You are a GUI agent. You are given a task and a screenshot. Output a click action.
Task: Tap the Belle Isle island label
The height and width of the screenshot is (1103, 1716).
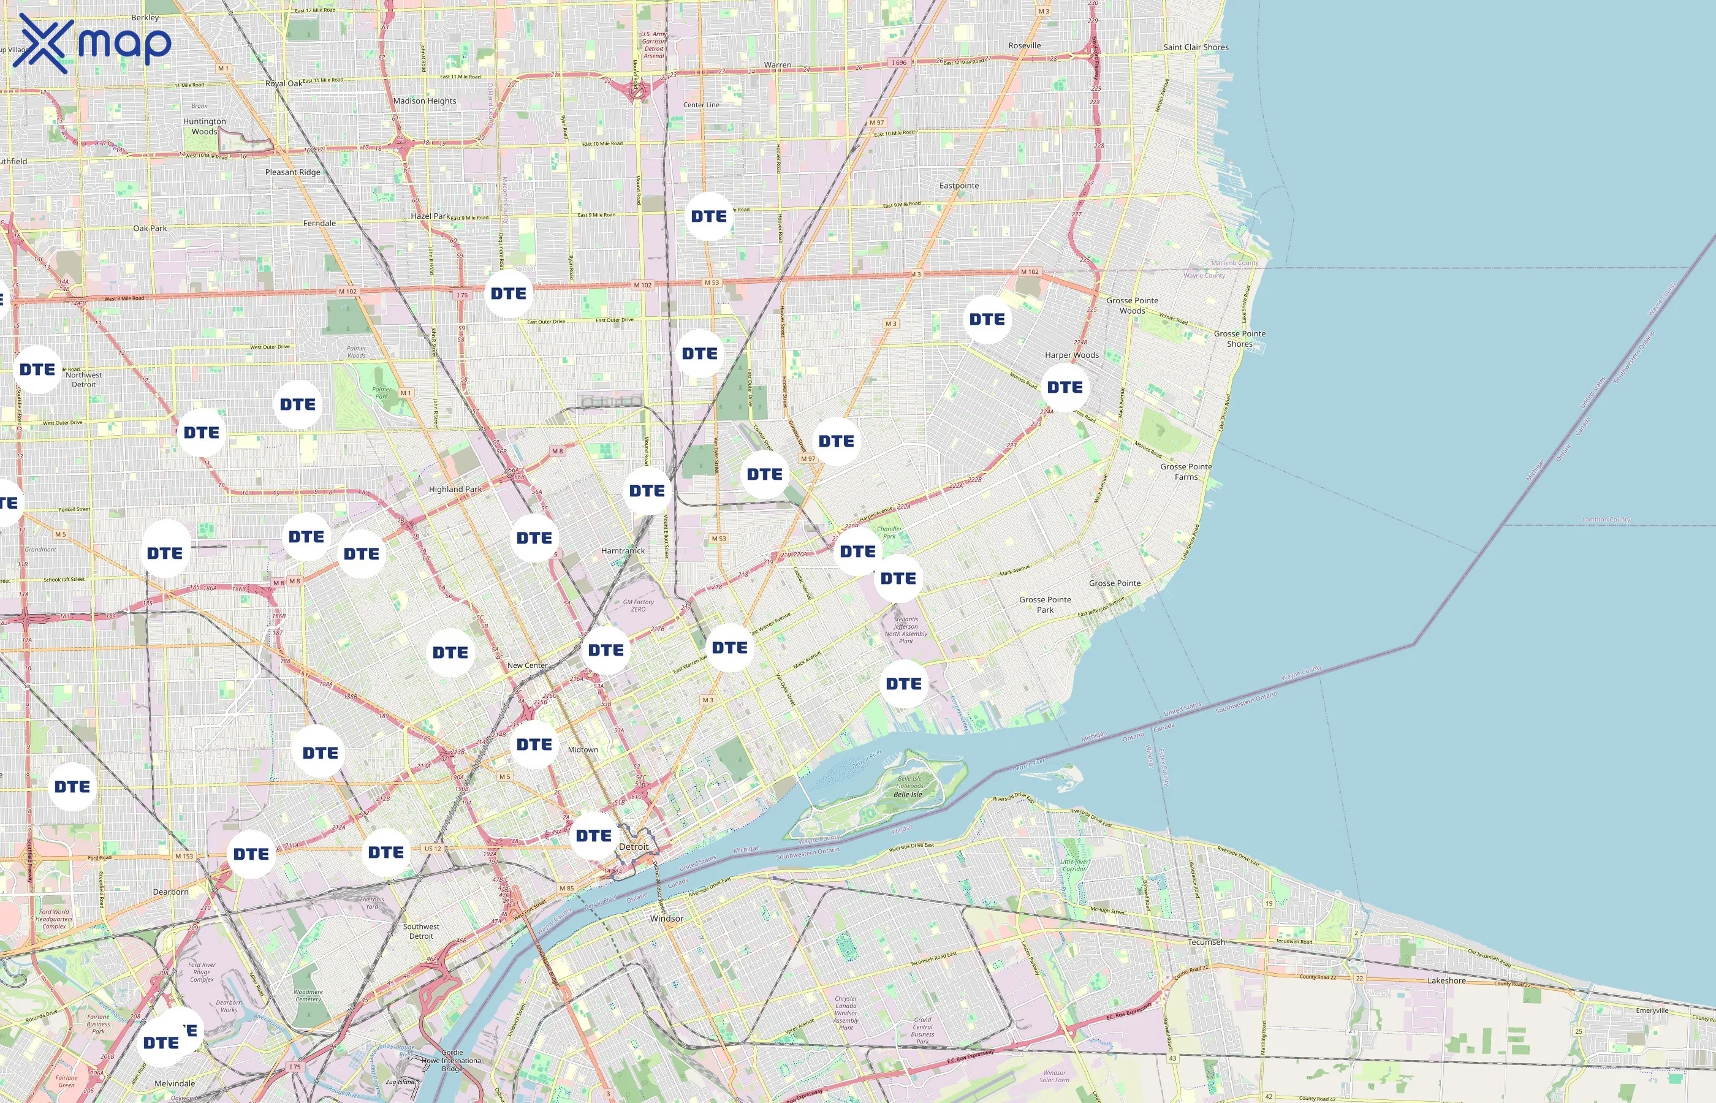[x=908, y=794]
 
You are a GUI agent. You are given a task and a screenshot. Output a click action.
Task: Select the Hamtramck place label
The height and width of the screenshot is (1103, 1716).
[x=623, y=551]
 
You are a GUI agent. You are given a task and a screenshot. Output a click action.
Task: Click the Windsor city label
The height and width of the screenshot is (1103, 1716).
[x=666, y=918]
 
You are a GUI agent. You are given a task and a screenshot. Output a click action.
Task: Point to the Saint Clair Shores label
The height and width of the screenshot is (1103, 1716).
[x=1195, y=47]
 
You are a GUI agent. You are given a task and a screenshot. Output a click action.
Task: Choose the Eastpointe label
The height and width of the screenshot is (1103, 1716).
[x=959, y=186]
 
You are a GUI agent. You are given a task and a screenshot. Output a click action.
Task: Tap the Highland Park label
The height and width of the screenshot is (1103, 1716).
[x=455, y=489]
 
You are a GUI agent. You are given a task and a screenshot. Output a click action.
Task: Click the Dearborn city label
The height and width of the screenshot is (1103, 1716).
[x=170, y=892]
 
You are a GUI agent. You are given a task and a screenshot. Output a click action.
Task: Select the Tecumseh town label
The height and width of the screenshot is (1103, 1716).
[x=1206, y=942]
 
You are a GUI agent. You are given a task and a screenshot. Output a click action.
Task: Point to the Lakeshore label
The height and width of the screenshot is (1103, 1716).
[x=1446, y=980]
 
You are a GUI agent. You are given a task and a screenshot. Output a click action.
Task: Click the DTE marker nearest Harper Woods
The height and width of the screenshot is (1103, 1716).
[x=1065, y=387]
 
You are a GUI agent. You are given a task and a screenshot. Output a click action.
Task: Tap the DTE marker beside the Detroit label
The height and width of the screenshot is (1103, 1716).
[x=594, y=836]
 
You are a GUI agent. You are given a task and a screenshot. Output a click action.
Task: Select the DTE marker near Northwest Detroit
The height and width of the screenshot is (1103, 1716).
[x=37, y=370]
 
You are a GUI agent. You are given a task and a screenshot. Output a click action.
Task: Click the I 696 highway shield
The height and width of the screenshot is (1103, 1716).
[x=899, y=63]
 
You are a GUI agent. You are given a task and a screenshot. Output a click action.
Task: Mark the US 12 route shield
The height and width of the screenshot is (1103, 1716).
[x=433, y=849]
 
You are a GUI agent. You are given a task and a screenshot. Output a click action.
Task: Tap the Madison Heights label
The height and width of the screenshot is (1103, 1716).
[x=424, y=101]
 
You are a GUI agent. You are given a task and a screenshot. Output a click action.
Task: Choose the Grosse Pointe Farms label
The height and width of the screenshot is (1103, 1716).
[x=1186, y=471]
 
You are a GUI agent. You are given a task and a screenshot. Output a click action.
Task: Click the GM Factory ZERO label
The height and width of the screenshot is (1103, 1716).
[x=638, y=605]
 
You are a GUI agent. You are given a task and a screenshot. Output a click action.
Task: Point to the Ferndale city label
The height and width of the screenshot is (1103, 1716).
[x=319, y=224]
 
